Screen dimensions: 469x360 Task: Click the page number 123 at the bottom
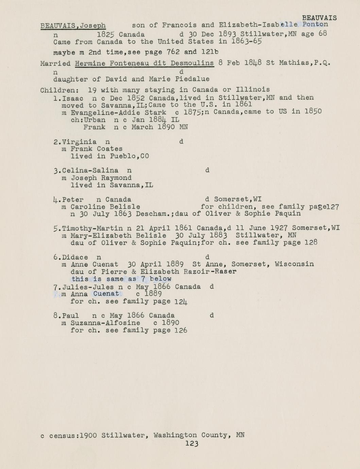pos(192,443)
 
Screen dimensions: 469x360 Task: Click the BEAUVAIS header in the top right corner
pos(319,18)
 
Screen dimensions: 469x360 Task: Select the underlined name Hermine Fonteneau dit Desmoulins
pos(144,63)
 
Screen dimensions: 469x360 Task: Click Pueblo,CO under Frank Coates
pos(129,156)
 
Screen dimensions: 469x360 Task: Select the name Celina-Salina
pos(90,171)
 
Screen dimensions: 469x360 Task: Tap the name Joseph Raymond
pos(101,178)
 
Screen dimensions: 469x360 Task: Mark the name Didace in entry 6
pos(75,257)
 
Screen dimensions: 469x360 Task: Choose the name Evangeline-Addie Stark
pos(118,112)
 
